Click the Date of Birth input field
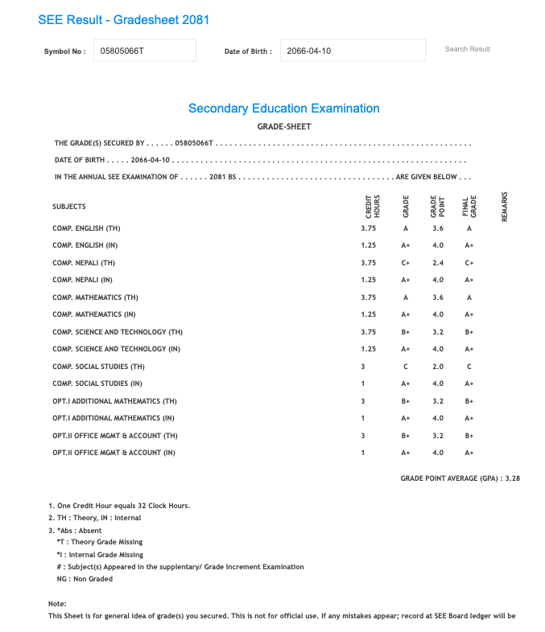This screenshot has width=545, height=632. [353, 50]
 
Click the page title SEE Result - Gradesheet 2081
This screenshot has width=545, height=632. [123, 19]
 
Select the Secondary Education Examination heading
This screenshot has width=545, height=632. [283, 109]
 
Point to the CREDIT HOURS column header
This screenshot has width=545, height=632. [373, 207]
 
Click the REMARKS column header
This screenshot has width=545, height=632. [505, 207]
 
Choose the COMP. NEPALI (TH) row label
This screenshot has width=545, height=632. [84, 263]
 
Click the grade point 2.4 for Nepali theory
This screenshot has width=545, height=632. [437, 263]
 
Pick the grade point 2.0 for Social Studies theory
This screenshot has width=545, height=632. [437, 367]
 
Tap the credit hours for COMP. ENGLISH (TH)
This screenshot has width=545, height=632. [369, 228]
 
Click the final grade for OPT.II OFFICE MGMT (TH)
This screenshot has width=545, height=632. [469, 436]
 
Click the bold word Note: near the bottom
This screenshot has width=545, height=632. [57, 604]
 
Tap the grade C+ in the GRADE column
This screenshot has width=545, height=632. [406, 263]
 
